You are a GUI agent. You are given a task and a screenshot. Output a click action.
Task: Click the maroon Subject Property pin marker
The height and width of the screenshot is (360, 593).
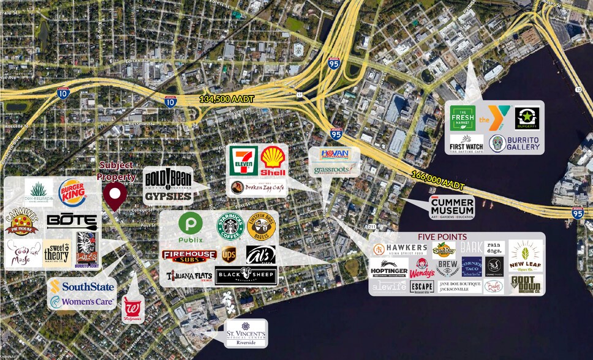coord(115,195)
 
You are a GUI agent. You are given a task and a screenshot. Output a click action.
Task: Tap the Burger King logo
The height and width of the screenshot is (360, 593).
coord(72,193)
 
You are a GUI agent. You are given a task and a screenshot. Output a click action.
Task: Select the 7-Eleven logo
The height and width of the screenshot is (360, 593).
coord(243,161)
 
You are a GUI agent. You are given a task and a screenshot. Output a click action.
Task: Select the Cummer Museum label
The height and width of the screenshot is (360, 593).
coord(452,208)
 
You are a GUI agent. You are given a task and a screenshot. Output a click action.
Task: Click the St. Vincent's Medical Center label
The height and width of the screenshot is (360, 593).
coord(246,333)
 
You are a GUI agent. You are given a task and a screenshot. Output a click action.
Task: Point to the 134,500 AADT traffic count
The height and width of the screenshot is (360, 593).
coord(227,99)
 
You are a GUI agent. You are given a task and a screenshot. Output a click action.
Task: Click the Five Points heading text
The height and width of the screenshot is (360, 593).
coord(442,237)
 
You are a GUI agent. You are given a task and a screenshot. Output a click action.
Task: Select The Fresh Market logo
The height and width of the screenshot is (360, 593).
coord(463,118)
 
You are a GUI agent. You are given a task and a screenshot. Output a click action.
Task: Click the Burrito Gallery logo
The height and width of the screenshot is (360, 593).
coord(515,144)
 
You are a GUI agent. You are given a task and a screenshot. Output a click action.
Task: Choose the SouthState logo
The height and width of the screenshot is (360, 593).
coord(82,286)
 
